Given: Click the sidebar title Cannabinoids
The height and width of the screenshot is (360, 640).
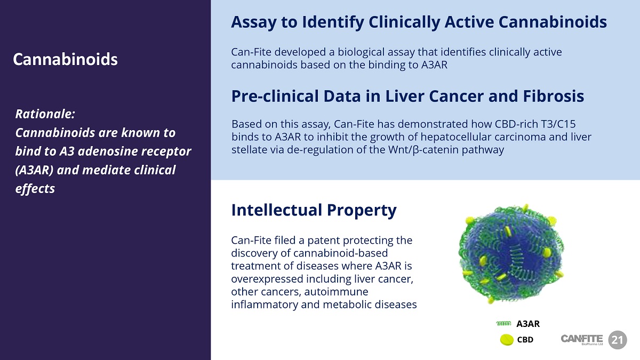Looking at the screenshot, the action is click(x=65, y=59).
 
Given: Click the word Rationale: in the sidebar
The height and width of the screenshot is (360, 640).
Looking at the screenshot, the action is click(x=45, y=114).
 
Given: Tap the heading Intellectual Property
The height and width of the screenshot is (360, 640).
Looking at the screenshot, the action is click(x=314, y=211).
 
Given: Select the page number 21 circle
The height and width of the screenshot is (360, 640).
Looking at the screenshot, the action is click(x=618, y=340).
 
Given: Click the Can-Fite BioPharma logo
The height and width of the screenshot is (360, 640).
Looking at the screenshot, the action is click(x=582, y=339).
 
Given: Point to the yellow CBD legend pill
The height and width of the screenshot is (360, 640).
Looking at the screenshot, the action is click(x=507, y=340).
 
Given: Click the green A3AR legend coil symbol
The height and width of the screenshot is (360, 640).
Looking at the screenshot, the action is click(x=503, y=323).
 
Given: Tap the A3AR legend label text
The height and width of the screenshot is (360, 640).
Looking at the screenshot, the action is click(x=528, y=324).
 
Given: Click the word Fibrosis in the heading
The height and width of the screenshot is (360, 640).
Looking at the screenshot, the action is click(x=554, y=96).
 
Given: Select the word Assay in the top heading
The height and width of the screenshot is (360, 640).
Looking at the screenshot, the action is click(x=254, y=23).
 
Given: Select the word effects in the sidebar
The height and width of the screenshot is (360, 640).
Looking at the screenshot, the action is click(x=35, y=189).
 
